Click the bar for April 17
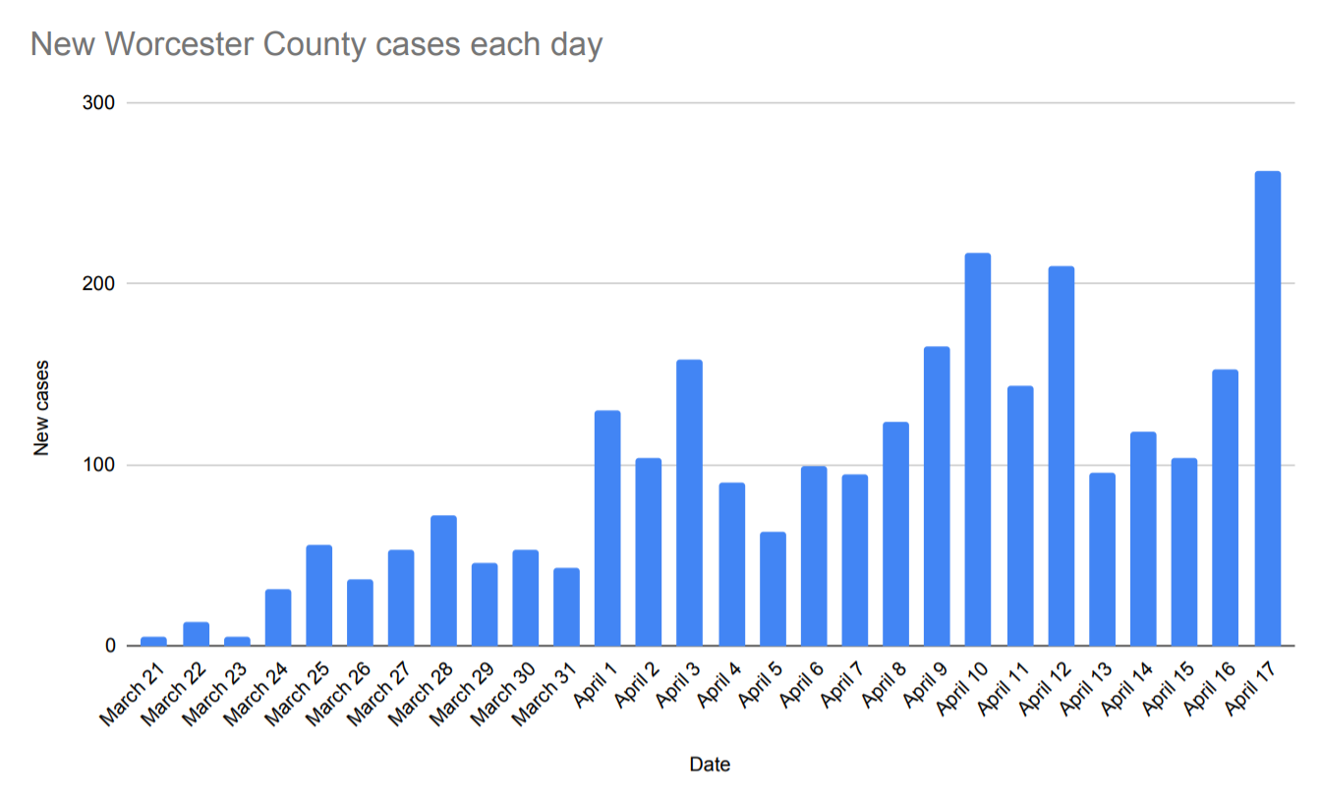pos(1267,409)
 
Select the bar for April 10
pos(977,450)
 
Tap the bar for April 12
pos(1061,456)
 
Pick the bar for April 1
pos(607,529)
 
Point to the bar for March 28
pos(443,581)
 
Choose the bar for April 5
pos(773,590)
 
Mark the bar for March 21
pos(154,641)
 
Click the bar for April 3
pos(689,503)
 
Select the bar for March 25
pos(319,596)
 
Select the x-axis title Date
pos(710,764)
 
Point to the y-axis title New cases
pos(41,408)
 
